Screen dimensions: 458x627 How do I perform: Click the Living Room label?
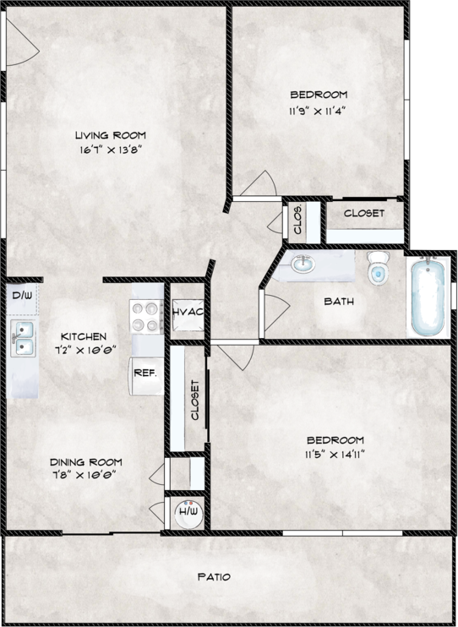click(111, 135)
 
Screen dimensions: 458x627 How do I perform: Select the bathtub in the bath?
click(428, 297)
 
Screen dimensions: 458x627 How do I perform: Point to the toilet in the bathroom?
click(378, 268)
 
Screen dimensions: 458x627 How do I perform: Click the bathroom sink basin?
click(303, 264)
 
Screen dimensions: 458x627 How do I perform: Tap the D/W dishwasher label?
click(22, 296)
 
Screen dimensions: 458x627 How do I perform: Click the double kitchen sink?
click(24, 338)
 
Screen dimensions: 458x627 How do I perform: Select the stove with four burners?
click(146, 316)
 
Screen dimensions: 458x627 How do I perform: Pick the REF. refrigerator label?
click(144, 373)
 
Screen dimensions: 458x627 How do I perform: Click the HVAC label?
click(188, 312)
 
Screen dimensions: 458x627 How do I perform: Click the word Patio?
click(215, 577)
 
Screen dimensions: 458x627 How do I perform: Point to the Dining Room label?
click(85, 462)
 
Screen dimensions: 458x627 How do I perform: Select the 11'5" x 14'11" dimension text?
click(335, 455)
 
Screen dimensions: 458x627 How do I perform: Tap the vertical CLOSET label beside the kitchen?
click(195, 400)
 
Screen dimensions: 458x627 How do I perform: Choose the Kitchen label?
click(84, 336)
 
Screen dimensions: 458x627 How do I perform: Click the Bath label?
click(339, 301)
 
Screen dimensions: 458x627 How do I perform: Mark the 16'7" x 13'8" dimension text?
click(111, 150)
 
